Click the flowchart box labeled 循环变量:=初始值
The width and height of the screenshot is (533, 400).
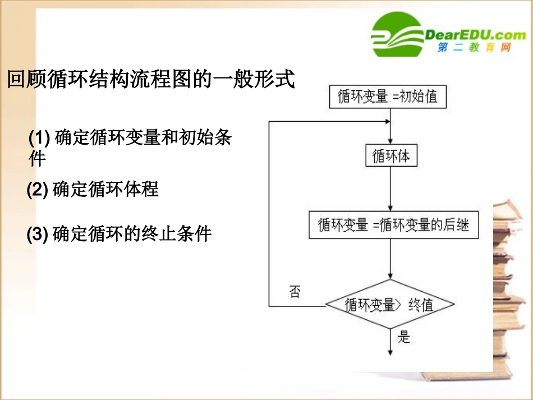(x=387, y=96)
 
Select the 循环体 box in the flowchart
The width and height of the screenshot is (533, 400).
(x=391, y=156)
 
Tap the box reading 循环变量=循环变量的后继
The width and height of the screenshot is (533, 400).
(x=394, y=226)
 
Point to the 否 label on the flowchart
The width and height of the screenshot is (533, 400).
(x=295, y=292)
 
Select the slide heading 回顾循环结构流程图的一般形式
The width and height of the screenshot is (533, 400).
(x=150, y=79)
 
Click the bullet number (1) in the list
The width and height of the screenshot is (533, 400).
(x=40, y=138)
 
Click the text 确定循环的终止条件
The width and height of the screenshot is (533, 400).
(x=132, y=233)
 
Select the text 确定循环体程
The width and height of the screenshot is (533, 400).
(x=105, y=190)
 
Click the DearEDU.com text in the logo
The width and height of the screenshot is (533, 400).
(x=475, y=35)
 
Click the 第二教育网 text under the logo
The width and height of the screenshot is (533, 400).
(x=475, y=48)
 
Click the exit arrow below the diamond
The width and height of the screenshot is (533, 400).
(x=390, y=343)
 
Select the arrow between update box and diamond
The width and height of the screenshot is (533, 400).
(x=390, y=259)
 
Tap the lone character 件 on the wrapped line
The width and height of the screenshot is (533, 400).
(x=37, y=160)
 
